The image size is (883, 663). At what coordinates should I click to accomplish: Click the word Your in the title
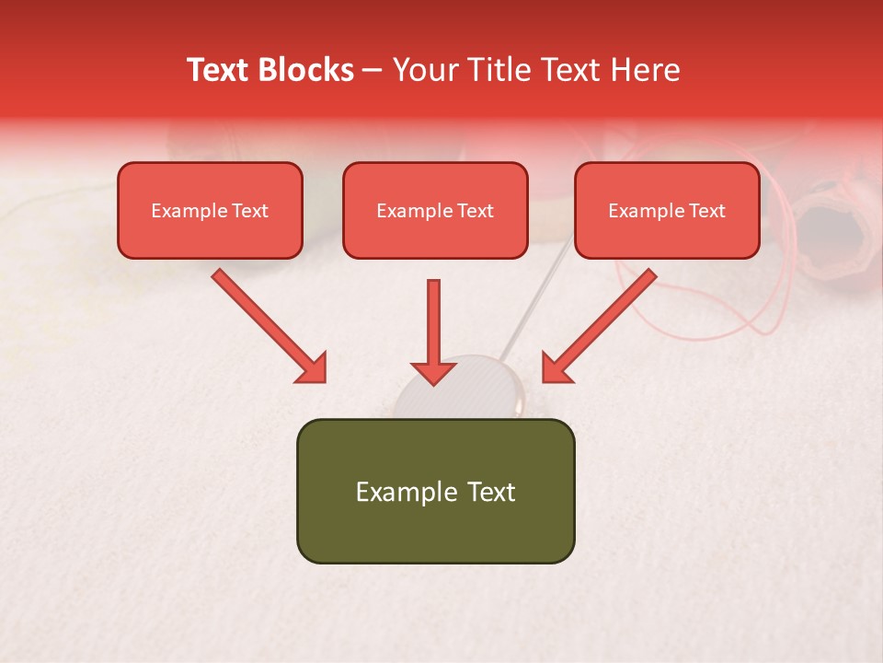click(x=424, y=70)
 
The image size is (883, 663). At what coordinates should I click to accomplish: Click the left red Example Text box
click(x=210, y=211)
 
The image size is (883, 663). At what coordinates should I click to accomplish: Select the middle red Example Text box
click(x=435, y=211)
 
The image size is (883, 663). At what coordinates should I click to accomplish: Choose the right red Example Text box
click(x=667, y=211)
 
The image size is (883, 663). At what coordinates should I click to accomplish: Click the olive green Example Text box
click(x=435, y=492)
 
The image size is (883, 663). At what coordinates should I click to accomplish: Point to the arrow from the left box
click(x=267, y=324)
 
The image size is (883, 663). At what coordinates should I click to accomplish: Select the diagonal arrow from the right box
click(x=602, y=324)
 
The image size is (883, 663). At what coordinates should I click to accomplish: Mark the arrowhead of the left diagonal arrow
click(x=313, y=368)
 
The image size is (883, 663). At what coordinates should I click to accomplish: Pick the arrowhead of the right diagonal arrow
click(x=556, y=368)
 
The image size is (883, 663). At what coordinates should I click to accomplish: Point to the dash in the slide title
click(x=373, y=70)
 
